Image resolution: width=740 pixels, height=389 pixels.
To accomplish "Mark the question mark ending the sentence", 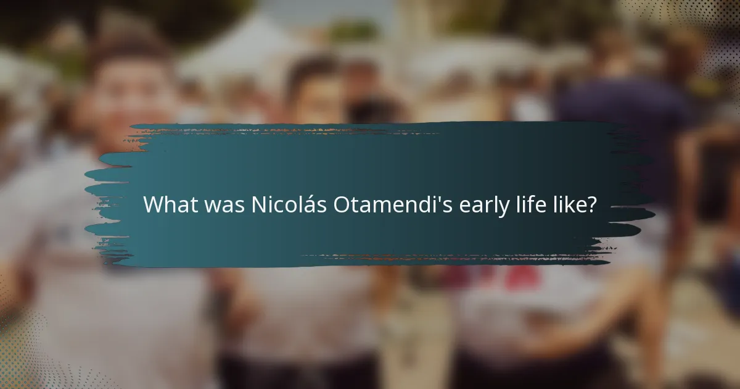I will (x=592, y=205).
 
